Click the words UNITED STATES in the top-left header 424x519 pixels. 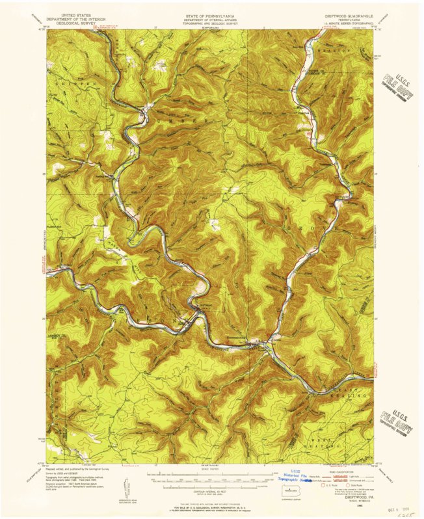(x=76, y=14)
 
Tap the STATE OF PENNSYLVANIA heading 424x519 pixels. (x=212, y=14)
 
